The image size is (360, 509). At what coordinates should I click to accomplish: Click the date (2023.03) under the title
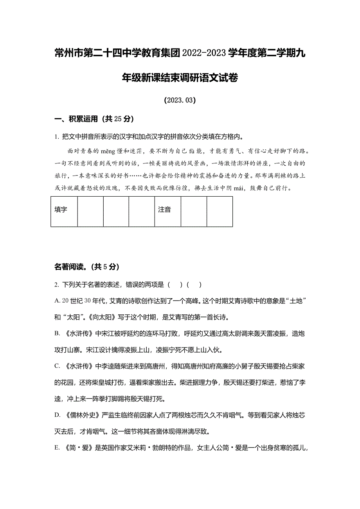[180, 100]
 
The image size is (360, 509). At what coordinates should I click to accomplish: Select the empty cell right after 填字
[90, 211]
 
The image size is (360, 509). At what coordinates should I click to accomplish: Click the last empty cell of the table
[220, 211]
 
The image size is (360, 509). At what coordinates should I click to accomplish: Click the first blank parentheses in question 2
[175, 285]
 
